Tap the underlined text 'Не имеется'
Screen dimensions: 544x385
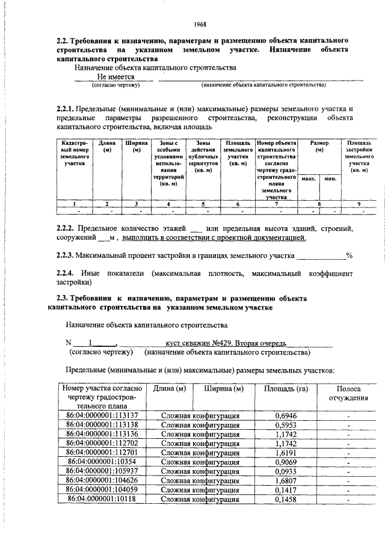tap(115, 78)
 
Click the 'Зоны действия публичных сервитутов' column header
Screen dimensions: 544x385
tap(202, 157)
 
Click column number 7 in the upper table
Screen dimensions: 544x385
tap(276, 204)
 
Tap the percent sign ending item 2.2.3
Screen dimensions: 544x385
tap(348, 255)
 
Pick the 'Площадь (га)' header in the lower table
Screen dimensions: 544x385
tap(286, 389)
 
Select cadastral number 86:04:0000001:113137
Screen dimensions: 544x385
tap(102, 415)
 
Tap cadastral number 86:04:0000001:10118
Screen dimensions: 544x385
tap(102, 499)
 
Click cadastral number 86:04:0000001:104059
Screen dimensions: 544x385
tap(102, 490)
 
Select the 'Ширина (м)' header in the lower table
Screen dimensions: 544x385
tap(223, 389)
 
